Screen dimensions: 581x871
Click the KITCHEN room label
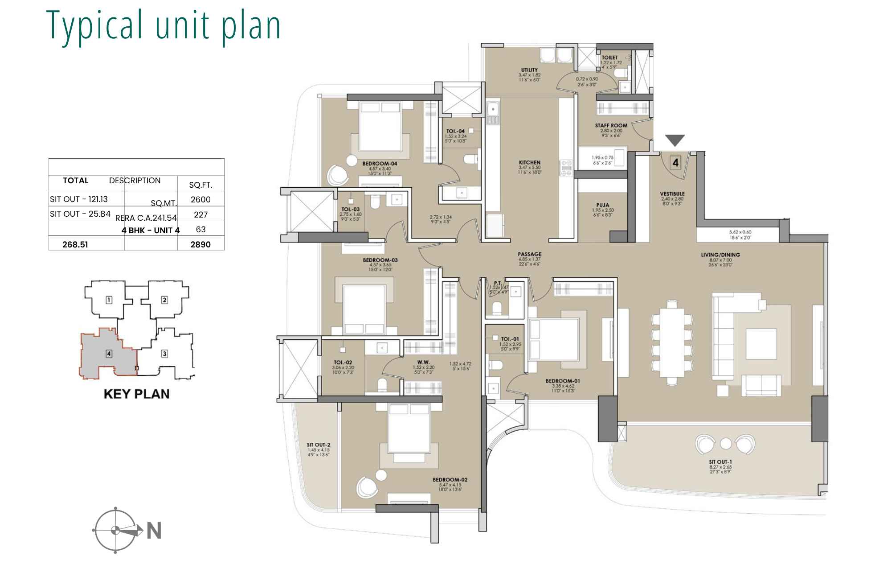(529, 163)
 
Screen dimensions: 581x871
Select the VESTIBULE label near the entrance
(672, 194)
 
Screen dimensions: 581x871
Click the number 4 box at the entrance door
(675, 163)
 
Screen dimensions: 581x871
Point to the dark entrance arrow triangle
(675, 140)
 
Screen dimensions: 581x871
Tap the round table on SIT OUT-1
(726, 444)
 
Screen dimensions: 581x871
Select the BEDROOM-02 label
(450, 480)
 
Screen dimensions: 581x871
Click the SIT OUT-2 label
(318, 445)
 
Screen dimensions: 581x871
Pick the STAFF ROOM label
(611, 126)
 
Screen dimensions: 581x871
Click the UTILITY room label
(529, 70)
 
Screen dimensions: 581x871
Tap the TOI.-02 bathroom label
(342, 363)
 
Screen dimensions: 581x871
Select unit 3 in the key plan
(164, 354)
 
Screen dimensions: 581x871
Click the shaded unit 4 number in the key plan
(109, 354)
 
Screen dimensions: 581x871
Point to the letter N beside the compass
(154, 531)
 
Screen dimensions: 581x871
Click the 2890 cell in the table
(200, 244)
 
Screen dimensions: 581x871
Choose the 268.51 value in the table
(75, 244)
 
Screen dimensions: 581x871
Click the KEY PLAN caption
(136, 394)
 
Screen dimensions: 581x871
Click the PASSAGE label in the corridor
(529, 254)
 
